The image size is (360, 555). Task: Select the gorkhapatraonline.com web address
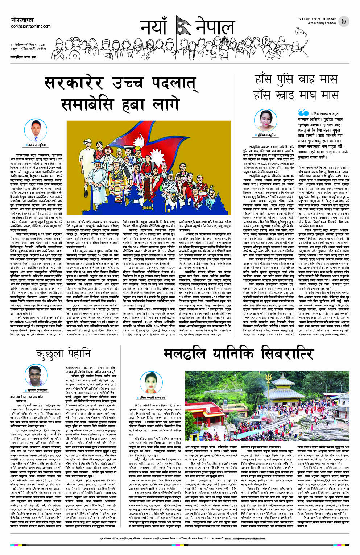[31, 26]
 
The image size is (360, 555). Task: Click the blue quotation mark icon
[303, 113]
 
